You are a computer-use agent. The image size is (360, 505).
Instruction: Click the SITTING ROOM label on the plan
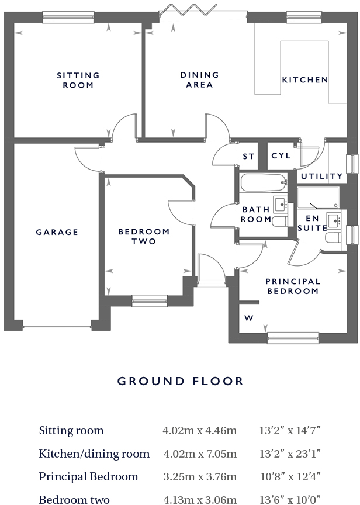coord(78,80)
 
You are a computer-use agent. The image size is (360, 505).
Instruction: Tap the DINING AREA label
coord(199,80)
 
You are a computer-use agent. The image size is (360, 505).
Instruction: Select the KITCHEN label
coord(305,80)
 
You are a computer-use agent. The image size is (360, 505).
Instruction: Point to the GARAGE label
coord(57,232)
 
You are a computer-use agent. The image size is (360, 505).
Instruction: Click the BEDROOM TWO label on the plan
coord(144,237)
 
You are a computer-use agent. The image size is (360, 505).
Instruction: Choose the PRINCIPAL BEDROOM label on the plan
coord(293,286)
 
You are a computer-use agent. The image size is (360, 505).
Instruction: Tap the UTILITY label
coord(322,176)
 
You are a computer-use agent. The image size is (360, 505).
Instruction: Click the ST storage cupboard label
coord(249,157)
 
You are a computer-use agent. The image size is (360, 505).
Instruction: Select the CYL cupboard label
coord(281,156)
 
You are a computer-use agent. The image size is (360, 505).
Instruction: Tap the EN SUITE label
coord(312,223)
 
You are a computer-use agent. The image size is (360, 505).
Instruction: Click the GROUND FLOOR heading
coord(180,382)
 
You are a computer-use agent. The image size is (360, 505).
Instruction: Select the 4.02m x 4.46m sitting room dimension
coord(200,431)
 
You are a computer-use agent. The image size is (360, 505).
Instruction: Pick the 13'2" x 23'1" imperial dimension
coord(290,454)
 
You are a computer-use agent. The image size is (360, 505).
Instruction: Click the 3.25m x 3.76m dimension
coord(200,476)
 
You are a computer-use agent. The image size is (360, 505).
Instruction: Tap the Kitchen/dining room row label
coord(94,454)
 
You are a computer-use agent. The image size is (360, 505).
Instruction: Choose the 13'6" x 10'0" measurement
coord(290,499)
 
